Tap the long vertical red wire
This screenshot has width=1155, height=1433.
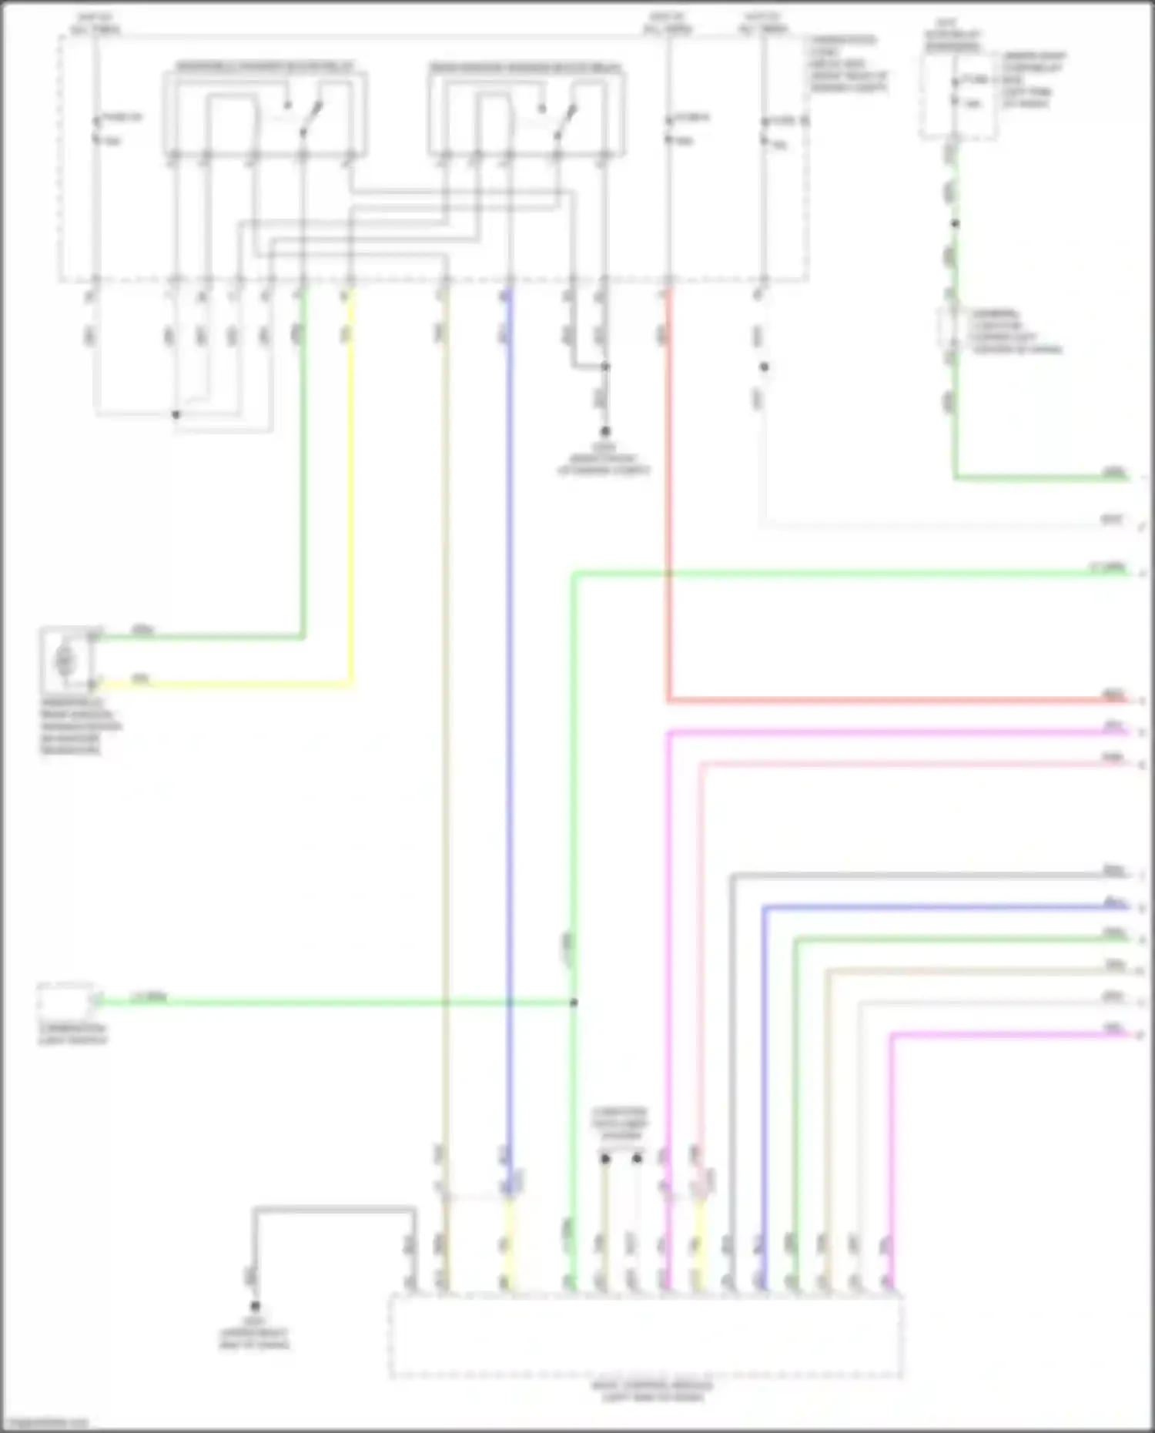[668, 501]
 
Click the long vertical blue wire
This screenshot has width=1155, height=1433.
[508, 693]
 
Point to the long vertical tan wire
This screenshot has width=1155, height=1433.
[444, 693]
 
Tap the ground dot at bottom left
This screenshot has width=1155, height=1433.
[255, 1307]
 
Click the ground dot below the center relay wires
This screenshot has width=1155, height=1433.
[605, 432]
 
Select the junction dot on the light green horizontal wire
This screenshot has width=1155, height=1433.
[574, 1003]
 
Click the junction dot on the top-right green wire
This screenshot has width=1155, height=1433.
[955, 224]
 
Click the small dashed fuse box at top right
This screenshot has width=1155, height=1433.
[959, 96]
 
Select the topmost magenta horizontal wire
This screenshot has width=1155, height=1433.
[885, 732]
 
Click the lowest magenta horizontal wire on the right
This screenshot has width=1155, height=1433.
[1001, 1036]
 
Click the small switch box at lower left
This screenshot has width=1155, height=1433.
[65, 1001]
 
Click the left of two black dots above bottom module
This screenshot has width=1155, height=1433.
[605, 1158]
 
